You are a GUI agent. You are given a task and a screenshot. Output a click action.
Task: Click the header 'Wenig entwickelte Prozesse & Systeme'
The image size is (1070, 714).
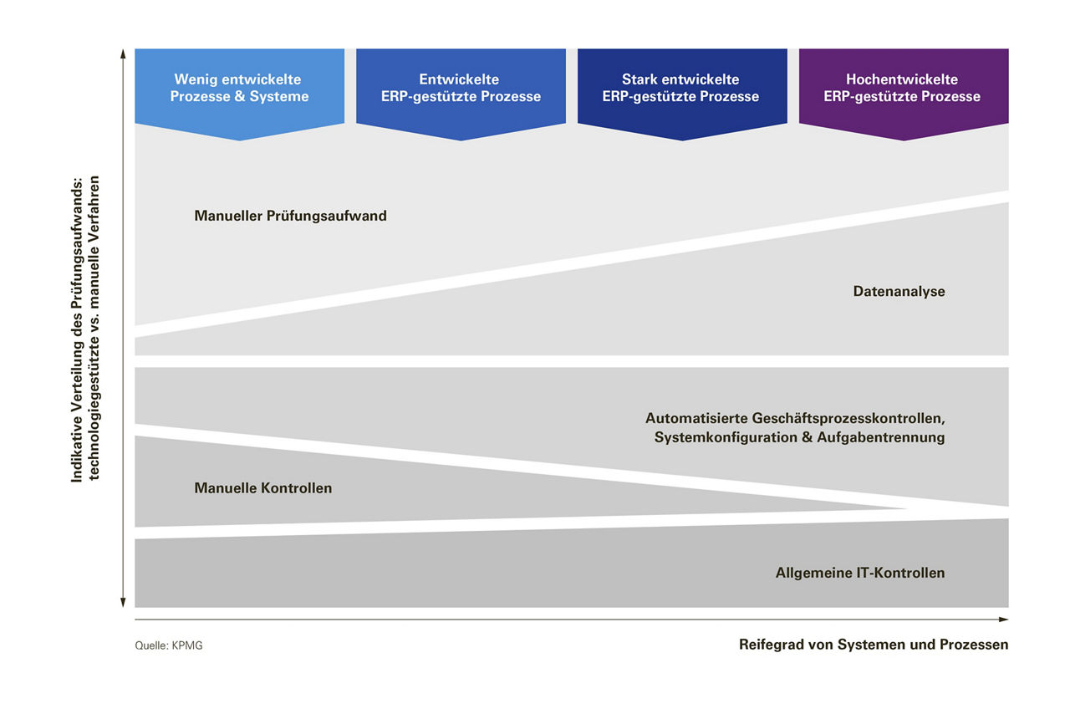pyautogui.click(x=239, y=88)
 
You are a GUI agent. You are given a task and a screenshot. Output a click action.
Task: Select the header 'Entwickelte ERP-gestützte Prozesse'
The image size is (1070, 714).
pyautogui.click(x=460, y=88)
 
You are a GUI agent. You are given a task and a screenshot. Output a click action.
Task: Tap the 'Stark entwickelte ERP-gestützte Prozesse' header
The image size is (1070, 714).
pyautogui.click(x=681, y=88)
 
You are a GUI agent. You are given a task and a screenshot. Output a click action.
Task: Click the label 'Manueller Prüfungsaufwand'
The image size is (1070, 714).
pyautogui.click(x=290, y=216)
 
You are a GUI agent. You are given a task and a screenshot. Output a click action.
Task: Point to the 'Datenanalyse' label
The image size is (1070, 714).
pyautogui.click(x=899, y=292)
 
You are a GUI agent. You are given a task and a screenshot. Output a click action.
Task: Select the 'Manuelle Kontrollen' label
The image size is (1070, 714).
pyautogui.click(x=262, y=488)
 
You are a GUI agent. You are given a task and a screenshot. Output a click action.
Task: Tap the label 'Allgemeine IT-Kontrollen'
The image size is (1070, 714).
pyautogui.click(x=860, y=573)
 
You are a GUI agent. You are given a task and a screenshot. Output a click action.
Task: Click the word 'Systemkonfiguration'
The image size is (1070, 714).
pyautogui.click(x=723, y=437)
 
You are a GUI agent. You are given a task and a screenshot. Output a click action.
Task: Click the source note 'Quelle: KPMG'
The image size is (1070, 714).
pyautogui.click(x=168, y=645)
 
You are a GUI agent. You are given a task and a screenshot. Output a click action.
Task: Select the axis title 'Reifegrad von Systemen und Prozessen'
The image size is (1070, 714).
pyautogui.click(x=874, y=645)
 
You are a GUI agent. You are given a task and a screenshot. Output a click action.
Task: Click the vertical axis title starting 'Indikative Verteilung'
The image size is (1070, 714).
pyautogui.click(x=85, y=328)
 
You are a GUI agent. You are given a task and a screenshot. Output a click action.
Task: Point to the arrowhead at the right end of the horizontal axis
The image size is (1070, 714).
pyautogui.click(x=1005, y=620)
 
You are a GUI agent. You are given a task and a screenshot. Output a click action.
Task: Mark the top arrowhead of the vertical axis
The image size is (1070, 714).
pyautogui.click(x=123, y=54)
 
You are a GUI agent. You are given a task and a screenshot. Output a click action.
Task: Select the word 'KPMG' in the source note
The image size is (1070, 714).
pyautogui.click(x=187, y=645)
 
